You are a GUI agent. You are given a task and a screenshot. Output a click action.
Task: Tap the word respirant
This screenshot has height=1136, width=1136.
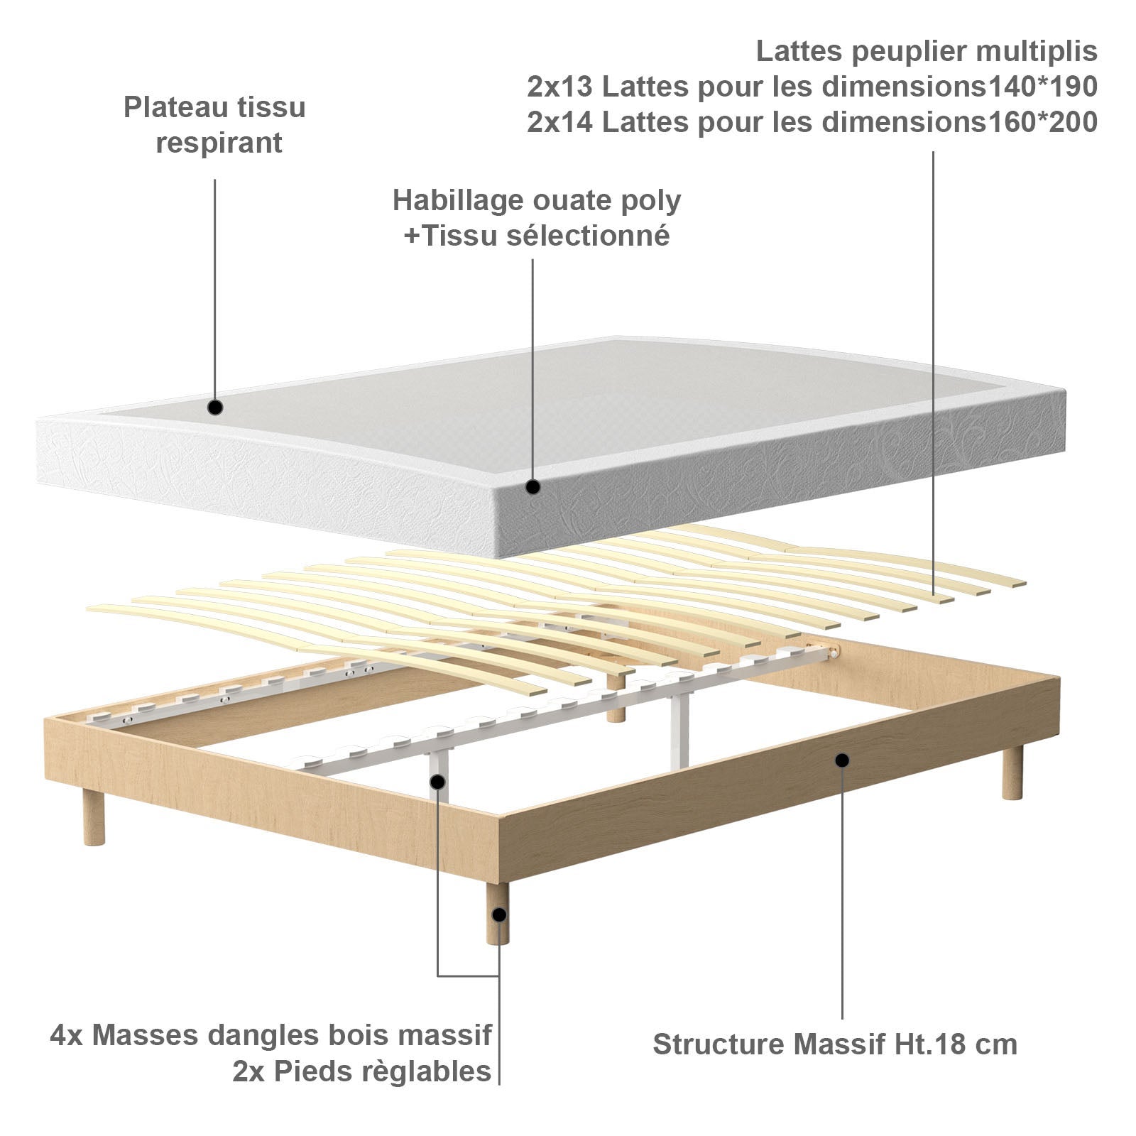[219, 143]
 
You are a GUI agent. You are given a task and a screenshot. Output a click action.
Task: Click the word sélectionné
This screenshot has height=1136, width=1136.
[588, 236]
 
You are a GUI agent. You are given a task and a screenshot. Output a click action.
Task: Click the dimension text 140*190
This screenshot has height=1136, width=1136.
[1043, 87]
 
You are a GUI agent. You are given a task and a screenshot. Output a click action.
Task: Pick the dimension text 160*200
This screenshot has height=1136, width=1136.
[1043, 122]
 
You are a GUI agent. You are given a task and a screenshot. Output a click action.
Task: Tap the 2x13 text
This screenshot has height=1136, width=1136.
[560, 87]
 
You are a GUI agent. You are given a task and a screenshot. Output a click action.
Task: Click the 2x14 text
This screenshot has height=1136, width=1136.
[560, 122]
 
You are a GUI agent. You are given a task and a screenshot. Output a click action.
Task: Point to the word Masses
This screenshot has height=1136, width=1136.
[146, 1035]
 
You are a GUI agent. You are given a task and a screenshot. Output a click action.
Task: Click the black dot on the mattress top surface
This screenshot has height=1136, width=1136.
[215, 408]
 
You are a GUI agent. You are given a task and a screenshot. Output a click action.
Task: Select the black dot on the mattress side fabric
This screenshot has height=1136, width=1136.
[532, 487]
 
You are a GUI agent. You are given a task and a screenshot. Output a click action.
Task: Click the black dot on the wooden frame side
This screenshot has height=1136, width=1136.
[842, 760]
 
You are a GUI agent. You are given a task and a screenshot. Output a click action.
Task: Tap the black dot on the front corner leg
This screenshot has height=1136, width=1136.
[500, 915]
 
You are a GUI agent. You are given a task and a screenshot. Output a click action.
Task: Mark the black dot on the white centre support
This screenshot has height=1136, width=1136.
[438, 782]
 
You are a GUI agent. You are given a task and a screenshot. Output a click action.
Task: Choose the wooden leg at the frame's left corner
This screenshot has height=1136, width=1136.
[93, 816]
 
